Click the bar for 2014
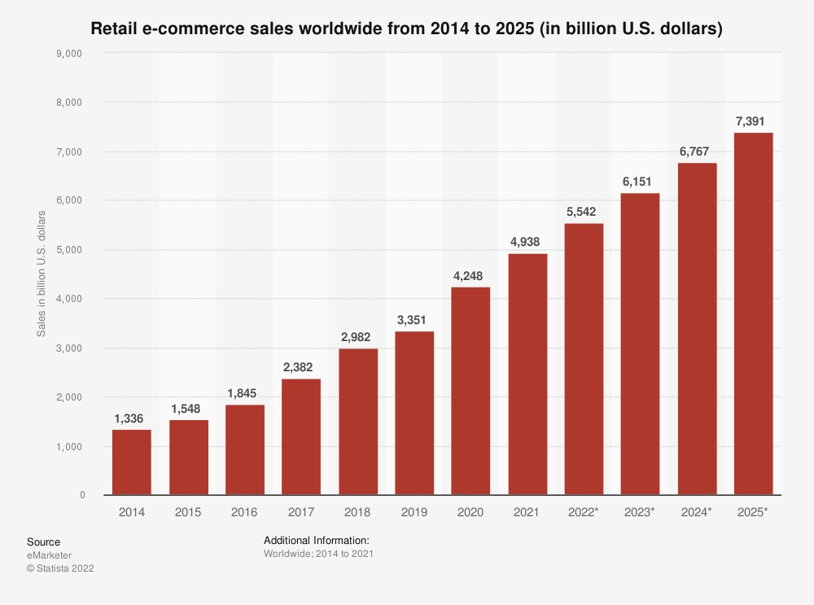pos(131,462)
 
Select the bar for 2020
pos(470,391)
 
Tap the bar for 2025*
pos(753,313)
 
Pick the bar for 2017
pos(301,436)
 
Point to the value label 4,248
pos(470,275)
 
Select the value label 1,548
pos(188,408)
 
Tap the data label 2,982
pos(357,337)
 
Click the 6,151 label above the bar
pos(640,182)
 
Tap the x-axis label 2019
pos(414,512)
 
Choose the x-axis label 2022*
pos(584,512)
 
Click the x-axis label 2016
pos(244,512)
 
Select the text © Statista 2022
pos(60,568)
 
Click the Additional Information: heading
pos(317,541)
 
